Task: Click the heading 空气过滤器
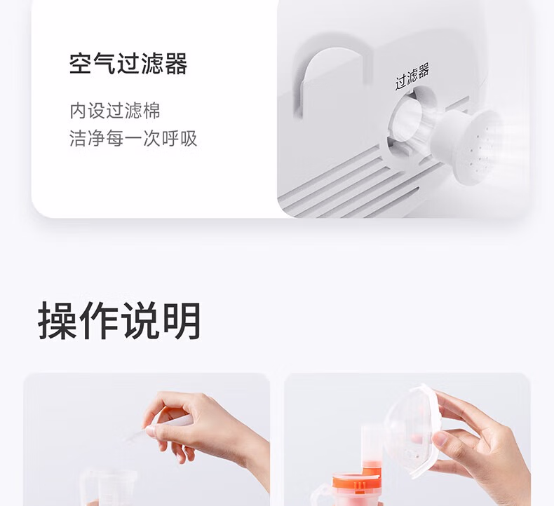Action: (128, 64)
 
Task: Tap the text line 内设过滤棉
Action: (115, 111)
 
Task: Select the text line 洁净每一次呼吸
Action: (133, 138)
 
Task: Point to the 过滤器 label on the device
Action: (412, 76)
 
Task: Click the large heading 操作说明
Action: (119, 320)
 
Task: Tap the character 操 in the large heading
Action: (58, 320)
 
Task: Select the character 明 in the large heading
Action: (182, 320)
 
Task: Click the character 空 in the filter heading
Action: (81, 64)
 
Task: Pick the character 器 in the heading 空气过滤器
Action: (176, 64)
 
